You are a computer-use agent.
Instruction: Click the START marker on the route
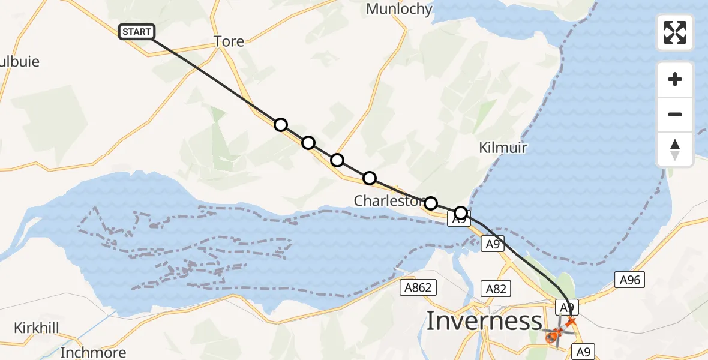click(x=137, y=32)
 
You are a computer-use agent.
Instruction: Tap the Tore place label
click(x=229, y=41)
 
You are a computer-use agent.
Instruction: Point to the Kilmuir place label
click(x=503, y=148)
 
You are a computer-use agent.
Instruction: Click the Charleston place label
click(x=388, y=200)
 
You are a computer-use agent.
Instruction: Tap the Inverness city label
click(x=484, y=321)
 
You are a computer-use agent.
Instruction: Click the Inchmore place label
click(x=93, y=352)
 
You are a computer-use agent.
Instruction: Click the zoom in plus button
click(x=675, y=79)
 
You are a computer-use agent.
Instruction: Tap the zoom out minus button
click(x=675, y=114)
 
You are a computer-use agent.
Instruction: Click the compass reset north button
click(x=675, y=149)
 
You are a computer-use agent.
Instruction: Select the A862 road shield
click(x=418, y=288)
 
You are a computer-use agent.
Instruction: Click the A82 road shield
click(x=496, y=289)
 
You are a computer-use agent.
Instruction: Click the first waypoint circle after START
click(x=280, y=125)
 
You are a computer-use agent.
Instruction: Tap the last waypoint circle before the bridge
click(x=460, y=212)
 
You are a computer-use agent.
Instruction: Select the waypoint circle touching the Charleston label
click(x=431, y=203)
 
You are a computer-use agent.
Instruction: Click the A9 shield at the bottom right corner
click(x=581, y=352)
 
